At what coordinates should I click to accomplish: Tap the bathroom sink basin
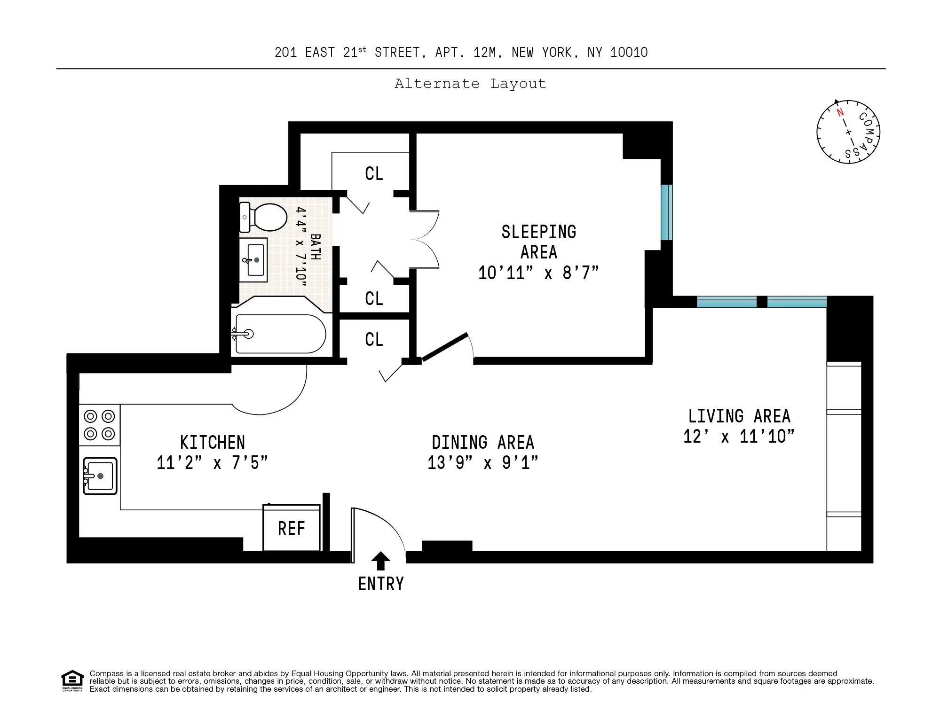point(254,260)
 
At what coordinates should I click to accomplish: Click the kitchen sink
point(100,476)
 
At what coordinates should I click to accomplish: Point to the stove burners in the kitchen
point(99,425)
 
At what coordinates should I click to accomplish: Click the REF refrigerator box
point(292,528)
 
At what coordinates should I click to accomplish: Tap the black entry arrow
point(380,561)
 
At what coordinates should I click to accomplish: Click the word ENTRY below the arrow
point(381,584)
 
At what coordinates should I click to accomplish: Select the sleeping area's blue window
point(666,212)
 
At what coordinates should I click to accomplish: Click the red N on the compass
point(840,112)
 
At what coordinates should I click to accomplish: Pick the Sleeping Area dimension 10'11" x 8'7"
point(538,273)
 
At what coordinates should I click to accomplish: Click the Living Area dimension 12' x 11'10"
point(739,437)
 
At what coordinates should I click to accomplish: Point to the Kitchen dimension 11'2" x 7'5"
point(212,463)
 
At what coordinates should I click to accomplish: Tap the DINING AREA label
point(483,443)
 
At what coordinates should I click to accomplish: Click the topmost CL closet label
point(374,174)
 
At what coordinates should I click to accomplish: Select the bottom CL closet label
point(374,340)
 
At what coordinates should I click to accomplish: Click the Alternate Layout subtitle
point(470,84)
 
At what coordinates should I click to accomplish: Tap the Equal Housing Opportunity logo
point(72,680)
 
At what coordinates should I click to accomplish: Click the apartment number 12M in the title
point(484,53)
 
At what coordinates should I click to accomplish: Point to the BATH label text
point(316,247)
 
